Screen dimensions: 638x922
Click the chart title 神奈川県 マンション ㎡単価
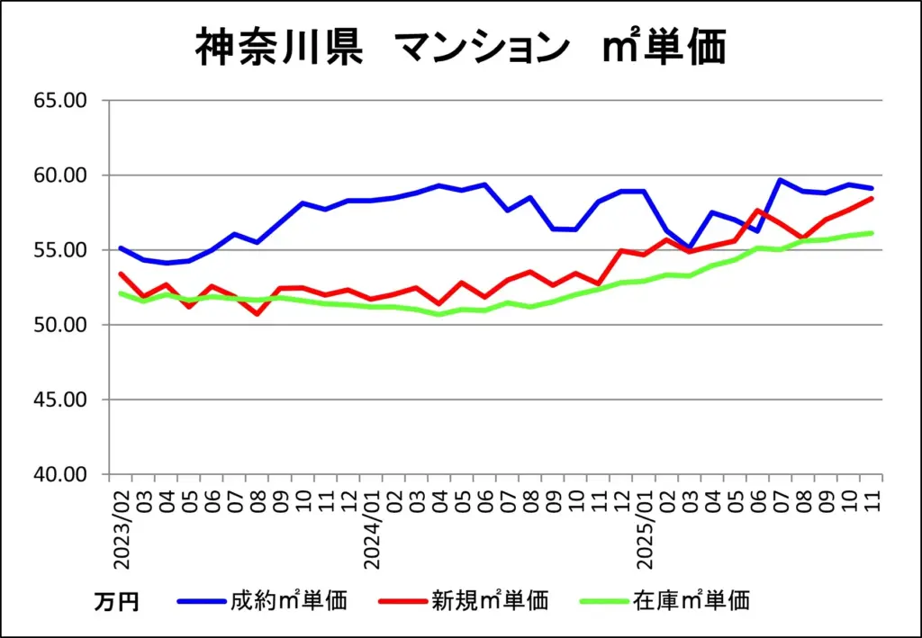460,48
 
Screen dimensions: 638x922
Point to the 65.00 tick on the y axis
60,100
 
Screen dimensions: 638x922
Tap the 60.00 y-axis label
60,175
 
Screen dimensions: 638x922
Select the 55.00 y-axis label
60,249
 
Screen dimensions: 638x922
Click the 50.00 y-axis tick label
60,324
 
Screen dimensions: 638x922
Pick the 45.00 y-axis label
60,399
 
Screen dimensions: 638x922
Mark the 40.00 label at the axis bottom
60,473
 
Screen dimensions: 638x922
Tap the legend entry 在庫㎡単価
691,600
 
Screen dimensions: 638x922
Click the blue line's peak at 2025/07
781,180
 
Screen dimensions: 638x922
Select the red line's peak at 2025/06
758,211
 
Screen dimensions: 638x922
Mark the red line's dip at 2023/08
258,313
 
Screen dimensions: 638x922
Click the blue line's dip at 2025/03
690,247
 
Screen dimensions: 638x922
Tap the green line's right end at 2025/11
872,233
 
